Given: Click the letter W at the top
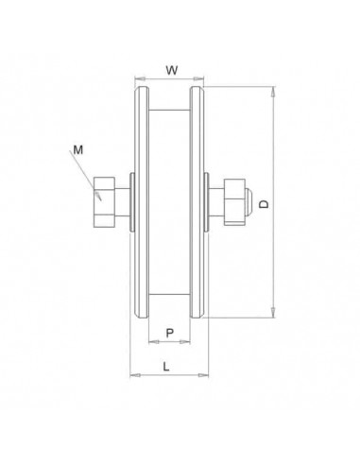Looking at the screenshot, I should click(x=170, y=68).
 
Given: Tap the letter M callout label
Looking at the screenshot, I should click(x=78, y=148).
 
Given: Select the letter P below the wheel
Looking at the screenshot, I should click(x=169, y=332).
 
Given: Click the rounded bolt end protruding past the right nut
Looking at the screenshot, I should click(x=247, y=199).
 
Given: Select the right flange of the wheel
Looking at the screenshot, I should click(x=197, y=202).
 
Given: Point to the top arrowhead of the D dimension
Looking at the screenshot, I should click(x=274, y=92).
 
